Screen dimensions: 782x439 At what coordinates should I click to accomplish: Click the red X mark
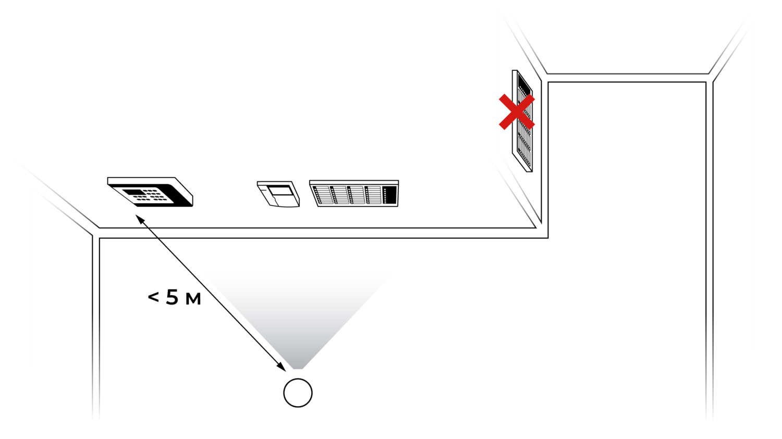tap(517, 112)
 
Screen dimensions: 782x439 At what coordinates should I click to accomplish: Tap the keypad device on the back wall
tap(150, 192)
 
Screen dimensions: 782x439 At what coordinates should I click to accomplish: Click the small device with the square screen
tap(278, 194)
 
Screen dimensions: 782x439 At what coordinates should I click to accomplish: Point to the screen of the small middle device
tap(281, 191)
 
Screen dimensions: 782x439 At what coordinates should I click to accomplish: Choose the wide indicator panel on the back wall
tap(354, 193)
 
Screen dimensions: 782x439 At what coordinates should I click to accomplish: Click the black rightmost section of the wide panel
tap(389, 195)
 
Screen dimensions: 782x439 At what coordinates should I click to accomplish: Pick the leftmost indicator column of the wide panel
tap(322, 195)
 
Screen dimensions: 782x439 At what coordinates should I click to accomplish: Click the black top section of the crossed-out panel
tap(523, 83)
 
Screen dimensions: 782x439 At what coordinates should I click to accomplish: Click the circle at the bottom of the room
tap(298, 393)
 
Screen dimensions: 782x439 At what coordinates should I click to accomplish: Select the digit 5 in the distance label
tap(172, 297)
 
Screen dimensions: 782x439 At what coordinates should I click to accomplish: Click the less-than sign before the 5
tap(153, 297)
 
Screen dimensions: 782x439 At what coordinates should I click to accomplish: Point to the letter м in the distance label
tap(193, 299)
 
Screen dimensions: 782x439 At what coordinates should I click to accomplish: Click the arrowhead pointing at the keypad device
tap(140, 219)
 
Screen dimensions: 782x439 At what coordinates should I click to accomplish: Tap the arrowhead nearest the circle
tap(282, 367)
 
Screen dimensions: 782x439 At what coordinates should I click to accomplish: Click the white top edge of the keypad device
tap(141, 180)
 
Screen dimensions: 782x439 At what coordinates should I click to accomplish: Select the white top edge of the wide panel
tap(354, 182)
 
